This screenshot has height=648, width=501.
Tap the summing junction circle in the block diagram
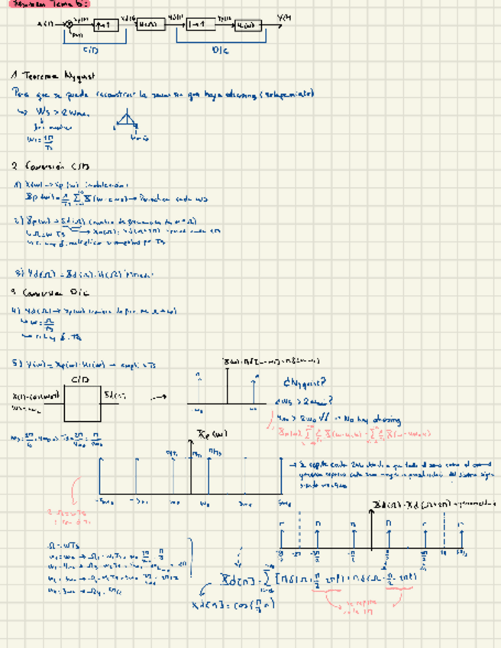coord(69,24)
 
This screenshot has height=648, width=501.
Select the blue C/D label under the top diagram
coord(90,50)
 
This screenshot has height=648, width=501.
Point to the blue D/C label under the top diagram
coord(220,50)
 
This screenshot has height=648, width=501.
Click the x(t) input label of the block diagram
coord(46,24)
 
